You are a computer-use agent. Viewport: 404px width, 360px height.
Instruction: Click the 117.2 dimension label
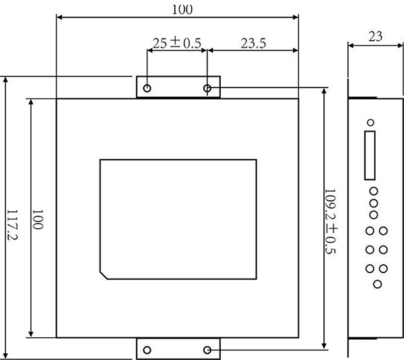click(12, 225)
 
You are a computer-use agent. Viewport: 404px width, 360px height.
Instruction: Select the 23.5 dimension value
click(253, 43)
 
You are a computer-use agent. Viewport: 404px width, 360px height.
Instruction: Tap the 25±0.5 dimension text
click(176, 43)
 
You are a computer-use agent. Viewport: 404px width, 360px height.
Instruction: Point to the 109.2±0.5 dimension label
click(331, 221)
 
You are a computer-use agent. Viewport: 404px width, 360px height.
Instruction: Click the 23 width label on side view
click(375, 36)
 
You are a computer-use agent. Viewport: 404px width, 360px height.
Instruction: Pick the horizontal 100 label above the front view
click(182, 9)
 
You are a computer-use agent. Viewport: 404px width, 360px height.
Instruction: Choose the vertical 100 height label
click(37, 219)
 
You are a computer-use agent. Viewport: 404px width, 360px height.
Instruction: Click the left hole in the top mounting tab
click(147, 88)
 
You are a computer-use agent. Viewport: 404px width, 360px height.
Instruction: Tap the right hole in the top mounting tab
click(207, 88)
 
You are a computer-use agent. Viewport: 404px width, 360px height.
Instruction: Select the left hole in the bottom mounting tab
click(147, 350)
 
